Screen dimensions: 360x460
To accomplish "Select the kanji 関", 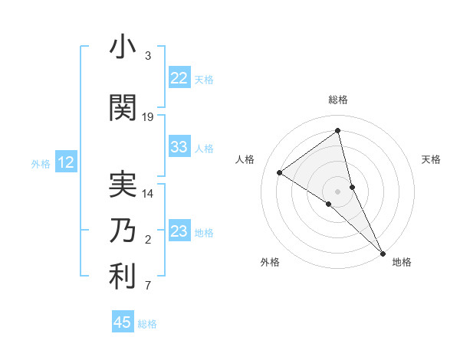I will (123, 108).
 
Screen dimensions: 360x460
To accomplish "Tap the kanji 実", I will (123, 184).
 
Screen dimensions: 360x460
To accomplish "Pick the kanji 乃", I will (123, 230).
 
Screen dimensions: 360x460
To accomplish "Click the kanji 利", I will (123, 277).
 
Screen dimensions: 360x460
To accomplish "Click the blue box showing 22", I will (179, 78).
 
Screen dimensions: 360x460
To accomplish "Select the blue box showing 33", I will (179, 148).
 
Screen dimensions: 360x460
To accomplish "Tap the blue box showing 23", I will (179, 231).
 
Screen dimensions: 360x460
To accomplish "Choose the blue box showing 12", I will (66, 162).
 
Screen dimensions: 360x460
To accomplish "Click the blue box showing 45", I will (123, 322).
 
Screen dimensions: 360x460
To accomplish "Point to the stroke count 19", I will (148, 117).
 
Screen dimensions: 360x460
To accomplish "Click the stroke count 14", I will (148, 194).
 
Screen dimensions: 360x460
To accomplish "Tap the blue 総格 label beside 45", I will (147, 324).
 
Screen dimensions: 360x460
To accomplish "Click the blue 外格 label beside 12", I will (41, 163).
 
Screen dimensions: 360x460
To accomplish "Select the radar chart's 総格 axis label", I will (338, 100).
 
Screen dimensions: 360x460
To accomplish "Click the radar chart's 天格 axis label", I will (432, 159).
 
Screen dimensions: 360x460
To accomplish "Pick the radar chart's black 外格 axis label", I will (270, 262).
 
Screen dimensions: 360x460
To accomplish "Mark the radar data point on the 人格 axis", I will (280, 172).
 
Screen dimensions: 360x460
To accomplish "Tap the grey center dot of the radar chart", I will (338, 190).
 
